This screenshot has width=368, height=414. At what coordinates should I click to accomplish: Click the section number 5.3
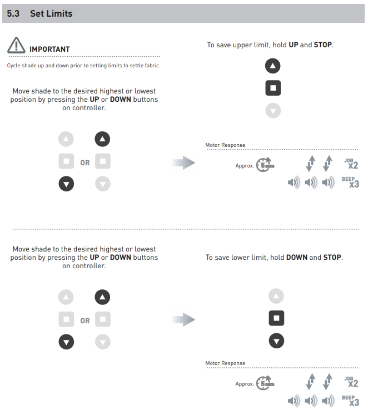pyautogui.click(x=13, y=13)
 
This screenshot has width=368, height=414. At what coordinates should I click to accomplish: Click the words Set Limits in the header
pyautogui.click(x=51, y=13)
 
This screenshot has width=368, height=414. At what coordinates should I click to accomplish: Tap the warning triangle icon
pyautogui.click(x=16, y=45)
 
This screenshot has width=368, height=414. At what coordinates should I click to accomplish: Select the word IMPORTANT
pyautogui.click(x=49, y=50)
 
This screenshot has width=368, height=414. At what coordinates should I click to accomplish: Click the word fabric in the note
pyautogui.click(x=152, y=65)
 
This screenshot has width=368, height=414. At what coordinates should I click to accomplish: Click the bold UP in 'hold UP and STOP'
pyautogui.click(x=294, y=45)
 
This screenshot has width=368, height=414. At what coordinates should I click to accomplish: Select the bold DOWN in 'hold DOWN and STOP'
pyautogui.click(x=297, y=258)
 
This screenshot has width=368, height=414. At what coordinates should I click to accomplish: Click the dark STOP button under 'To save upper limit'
pyautogui.click(x=273, y=88)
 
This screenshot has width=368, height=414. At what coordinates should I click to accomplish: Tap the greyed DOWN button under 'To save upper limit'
pyautogui.click(x=273, y=111)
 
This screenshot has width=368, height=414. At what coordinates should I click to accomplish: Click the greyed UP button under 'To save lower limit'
pyautogui.click(x=276, y=296)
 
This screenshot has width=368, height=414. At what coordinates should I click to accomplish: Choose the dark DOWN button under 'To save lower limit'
pyautogui.click(x=276, y=341)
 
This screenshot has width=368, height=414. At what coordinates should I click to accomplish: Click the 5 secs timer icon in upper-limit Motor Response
pyautogui.click(x=265, y=165)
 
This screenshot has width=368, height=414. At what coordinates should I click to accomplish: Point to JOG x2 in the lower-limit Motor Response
pyautogui.click(x=351, y=382)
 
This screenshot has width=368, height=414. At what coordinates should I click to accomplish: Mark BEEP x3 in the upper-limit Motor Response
pyautogui.click(x=351, y=182)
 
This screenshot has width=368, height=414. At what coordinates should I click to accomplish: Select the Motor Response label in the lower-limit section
pyautogui.click(x=225, y=363)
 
